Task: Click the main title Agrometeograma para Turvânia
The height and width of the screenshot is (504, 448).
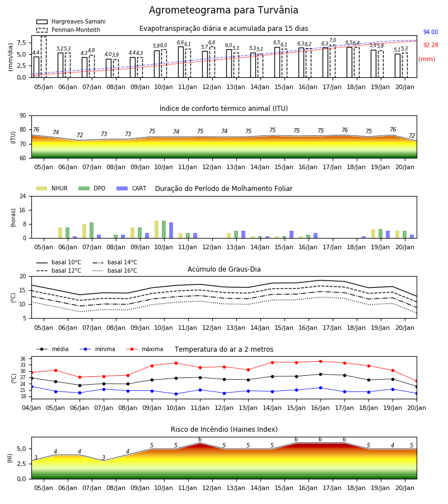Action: [223, 10]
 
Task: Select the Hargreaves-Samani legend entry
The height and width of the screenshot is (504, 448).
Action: [71, 21]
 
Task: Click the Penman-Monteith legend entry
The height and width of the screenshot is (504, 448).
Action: [68, 30]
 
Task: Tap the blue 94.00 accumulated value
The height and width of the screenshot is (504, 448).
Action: [431, 32]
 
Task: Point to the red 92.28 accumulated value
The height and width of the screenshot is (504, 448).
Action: [431, 45]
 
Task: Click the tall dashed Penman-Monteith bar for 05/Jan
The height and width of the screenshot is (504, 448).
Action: [44, 57]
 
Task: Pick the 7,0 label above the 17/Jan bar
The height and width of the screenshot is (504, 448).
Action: [333, 40]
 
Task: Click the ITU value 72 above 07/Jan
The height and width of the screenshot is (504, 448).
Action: [80, 135]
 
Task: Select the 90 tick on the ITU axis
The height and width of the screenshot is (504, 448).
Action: [23, 116]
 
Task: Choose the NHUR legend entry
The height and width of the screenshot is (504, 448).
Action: [52, 188]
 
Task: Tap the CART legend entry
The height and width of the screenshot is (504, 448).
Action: [132, 188]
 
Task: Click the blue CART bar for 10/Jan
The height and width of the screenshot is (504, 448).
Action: [171, 230]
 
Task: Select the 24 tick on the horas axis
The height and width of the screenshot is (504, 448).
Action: [23, 196]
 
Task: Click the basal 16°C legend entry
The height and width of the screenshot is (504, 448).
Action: [115, 270]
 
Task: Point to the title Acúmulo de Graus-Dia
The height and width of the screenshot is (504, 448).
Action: [224, 269]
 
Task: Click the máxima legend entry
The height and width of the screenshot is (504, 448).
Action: [145, 349]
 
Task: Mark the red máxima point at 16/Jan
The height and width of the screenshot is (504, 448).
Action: [320, 361]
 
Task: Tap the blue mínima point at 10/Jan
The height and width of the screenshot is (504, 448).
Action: [176, 394]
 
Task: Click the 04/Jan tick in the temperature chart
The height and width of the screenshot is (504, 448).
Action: [31, 408]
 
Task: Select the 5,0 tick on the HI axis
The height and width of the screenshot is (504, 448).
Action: [21, 449]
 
